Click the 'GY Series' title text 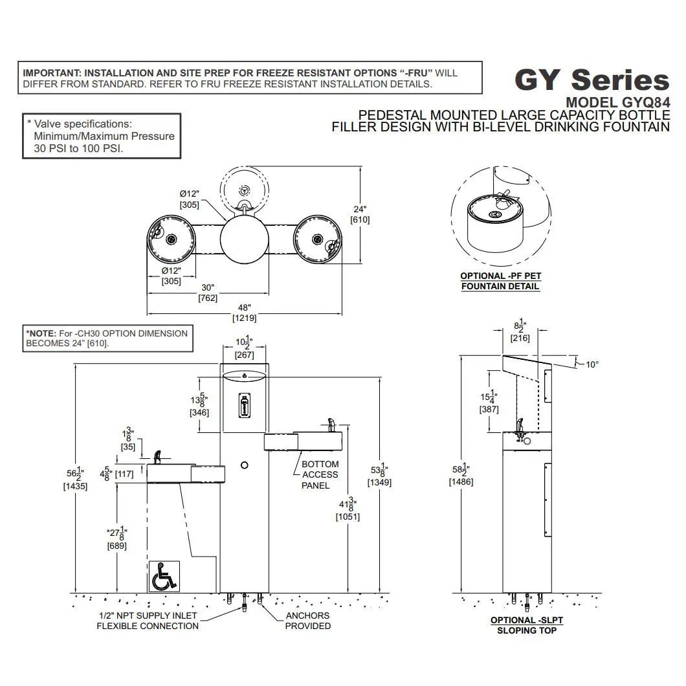click(x=591, y=80)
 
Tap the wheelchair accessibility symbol click(x=163, y=576)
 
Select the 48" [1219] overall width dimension click(x=245, y=313)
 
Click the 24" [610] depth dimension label click(x=360, y=214)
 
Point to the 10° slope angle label click(x=592, y=364)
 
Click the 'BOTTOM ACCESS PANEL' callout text click(x=320, y=474)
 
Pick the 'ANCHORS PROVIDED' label click(x=307, y=621)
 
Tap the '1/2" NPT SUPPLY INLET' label click(x=148, y=615)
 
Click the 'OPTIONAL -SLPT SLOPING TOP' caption click(x=526, y=625)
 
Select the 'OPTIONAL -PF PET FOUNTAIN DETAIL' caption click(x=500, y=281)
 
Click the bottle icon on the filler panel click(x=244, y=406)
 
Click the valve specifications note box click(x=101, y=136)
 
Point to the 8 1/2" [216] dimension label click(x=520, y=332)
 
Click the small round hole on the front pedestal click(x=244, y=465)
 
